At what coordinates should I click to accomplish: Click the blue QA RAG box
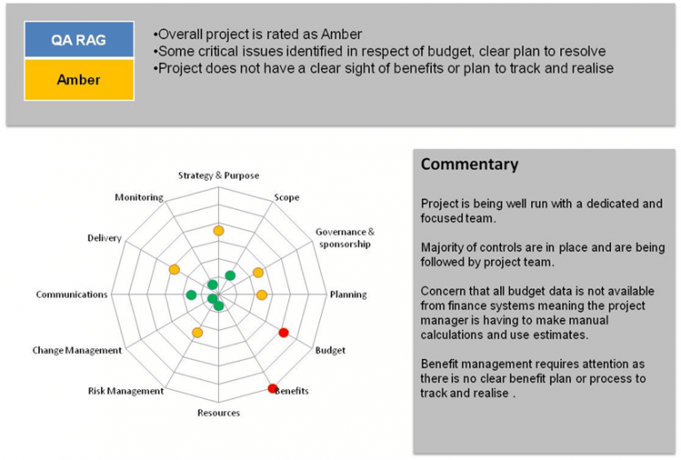80,41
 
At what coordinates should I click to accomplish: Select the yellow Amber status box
80,80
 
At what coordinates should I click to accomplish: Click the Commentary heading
469,165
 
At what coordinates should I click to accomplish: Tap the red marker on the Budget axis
284,332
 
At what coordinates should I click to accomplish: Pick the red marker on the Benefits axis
272,388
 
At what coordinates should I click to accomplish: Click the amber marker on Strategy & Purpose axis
218,231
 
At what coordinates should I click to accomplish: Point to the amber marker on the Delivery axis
174,269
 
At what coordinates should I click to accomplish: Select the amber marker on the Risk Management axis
197,333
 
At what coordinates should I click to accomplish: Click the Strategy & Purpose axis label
218,175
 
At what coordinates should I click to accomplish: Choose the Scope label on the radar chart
286,198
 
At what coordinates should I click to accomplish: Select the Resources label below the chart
218,413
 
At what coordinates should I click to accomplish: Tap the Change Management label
77,351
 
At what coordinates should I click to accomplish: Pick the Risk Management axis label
126,391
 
